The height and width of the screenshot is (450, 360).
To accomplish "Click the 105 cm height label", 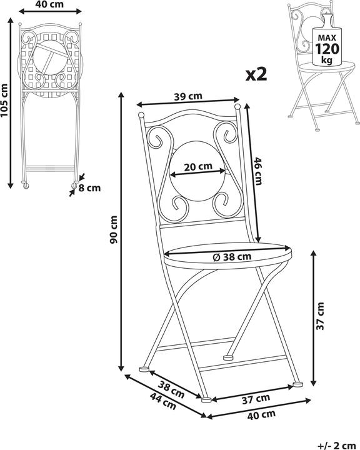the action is (4, 100).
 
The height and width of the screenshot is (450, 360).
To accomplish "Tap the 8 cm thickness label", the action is (89, 188).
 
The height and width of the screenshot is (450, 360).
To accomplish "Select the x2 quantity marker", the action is (256, 74).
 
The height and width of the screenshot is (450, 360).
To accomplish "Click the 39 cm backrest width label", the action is (188, 96).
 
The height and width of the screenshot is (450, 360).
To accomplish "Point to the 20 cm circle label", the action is (198, 166).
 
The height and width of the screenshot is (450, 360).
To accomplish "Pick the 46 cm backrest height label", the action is (257, 171).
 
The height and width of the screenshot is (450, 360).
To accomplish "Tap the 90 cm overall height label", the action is (114, 229).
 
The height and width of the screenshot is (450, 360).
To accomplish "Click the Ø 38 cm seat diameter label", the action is (232, 257).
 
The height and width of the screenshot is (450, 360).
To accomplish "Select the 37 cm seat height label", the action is (320, 316).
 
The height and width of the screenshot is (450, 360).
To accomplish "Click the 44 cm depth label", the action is (163, 401).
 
